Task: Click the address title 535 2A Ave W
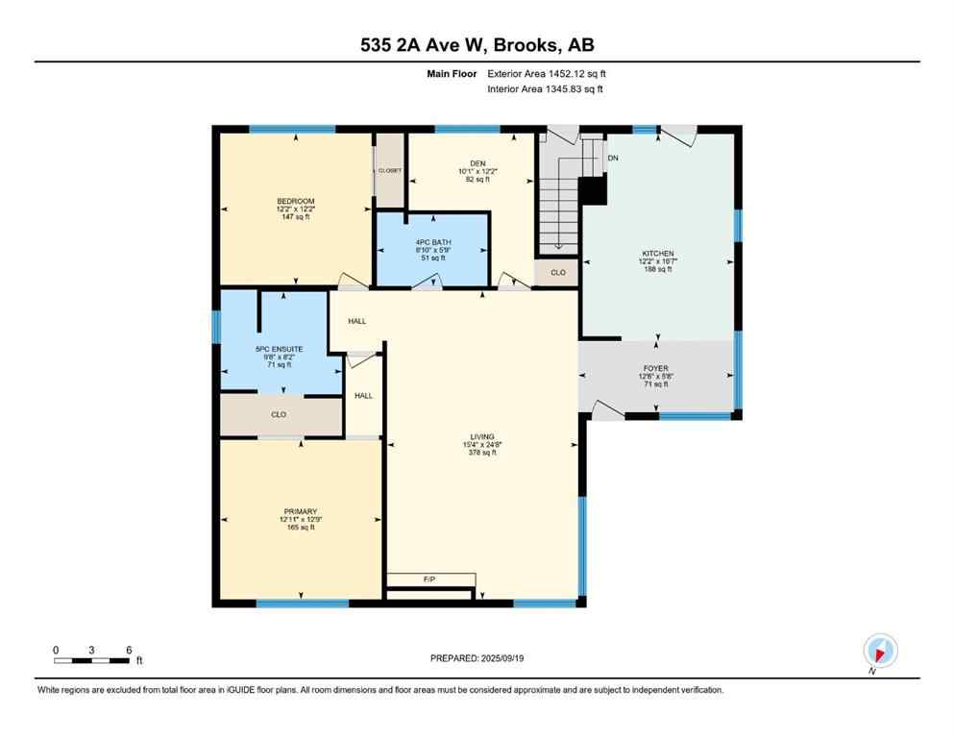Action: pyautogui.click(x=477, y=45)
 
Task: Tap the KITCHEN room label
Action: pyautogui.click(x=657, y=254)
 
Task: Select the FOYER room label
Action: pyautogui.click(x=656, y=368)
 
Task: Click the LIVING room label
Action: pyautogui.click(x=480, y=437)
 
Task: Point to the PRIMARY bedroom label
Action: pyautogui.click(x=300, y=511)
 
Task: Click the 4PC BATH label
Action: pyautogui.click(x=432, y=242)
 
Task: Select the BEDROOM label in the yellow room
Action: pyautogui.click(x=296, y=201)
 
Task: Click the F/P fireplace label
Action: pyautogui.click(x=429, y=579)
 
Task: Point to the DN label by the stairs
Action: pyautogui.click(x=613, y=158)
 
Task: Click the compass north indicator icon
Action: pyautogui.click(x=880, y=650)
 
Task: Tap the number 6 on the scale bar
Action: pyautogui.click(x=128, y=650)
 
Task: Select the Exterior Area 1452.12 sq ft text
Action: pyautogui.click(x=547, y=73)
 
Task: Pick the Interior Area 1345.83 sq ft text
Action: pyautogui.click(x=545, y=89)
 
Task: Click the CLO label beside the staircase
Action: pyautogui.click(x=557, y=273)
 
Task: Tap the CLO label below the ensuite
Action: pyautogui.click(x=279, y=414)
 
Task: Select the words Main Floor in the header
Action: pyautogui.click(x=451, y=73)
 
